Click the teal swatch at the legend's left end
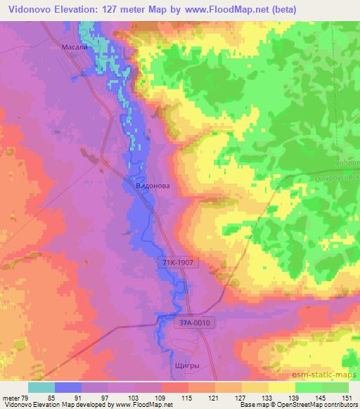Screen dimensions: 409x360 pos(41,387)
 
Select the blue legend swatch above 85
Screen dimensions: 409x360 pos(68,387)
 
